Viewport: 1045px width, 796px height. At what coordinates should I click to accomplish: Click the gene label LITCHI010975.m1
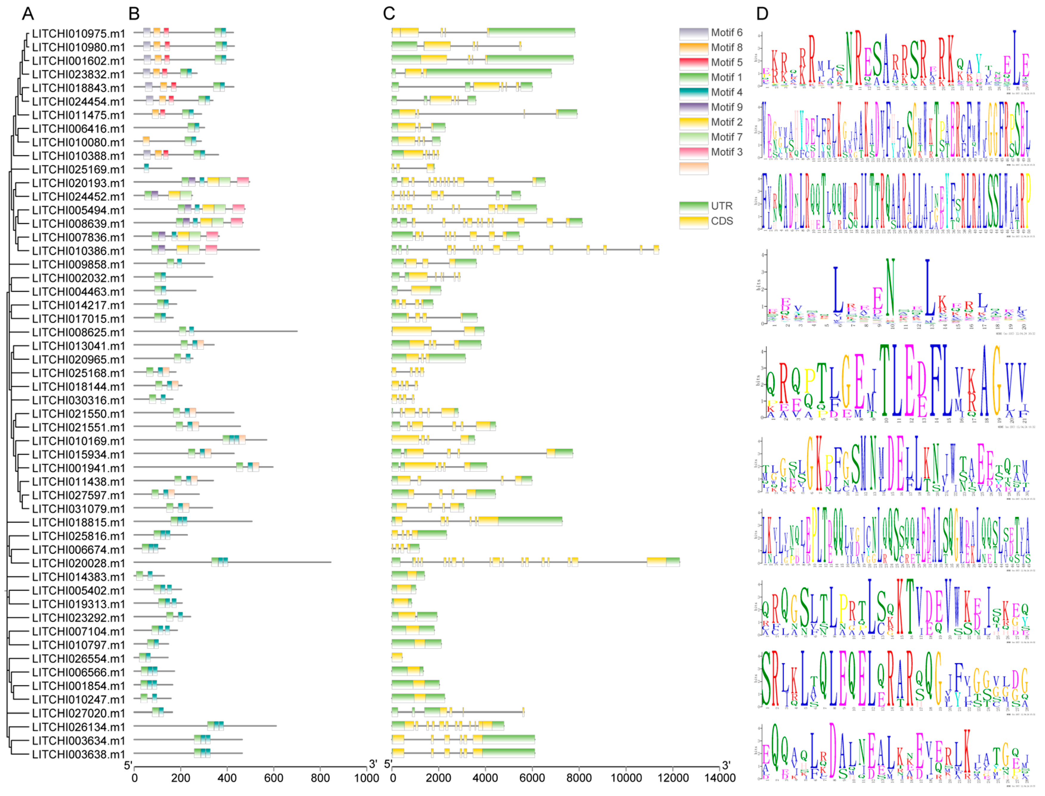tap(79, 34)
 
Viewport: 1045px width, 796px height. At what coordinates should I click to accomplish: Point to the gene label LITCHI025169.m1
tap(79, 170)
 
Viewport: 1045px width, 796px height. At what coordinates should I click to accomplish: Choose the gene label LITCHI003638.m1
tap(79, 754)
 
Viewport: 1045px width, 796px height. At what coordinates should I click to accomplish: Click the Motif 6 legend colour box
tap(694, 33)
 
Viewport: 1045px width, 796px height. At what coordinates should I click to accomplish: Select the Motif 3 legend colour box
tap(694, 152)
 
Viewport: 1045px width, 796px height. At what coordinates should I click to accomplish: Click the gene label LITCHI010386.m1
tap(79, 251)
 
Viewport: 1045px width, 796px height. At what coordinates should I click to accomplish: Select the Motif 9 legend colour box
tap(694, 108)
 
